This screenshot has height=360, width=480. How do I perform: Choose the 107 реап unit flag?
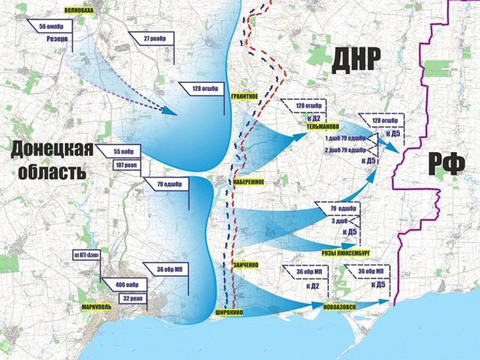(125, 164)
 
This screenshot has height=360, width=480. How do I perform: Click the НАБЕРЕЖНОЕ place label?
(247, 182)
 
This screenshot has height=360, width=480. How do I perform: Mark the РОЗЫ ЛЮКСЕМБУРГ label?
(345, 252)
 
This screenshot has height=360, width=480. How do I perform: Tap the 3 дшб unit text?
(342, 220)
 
